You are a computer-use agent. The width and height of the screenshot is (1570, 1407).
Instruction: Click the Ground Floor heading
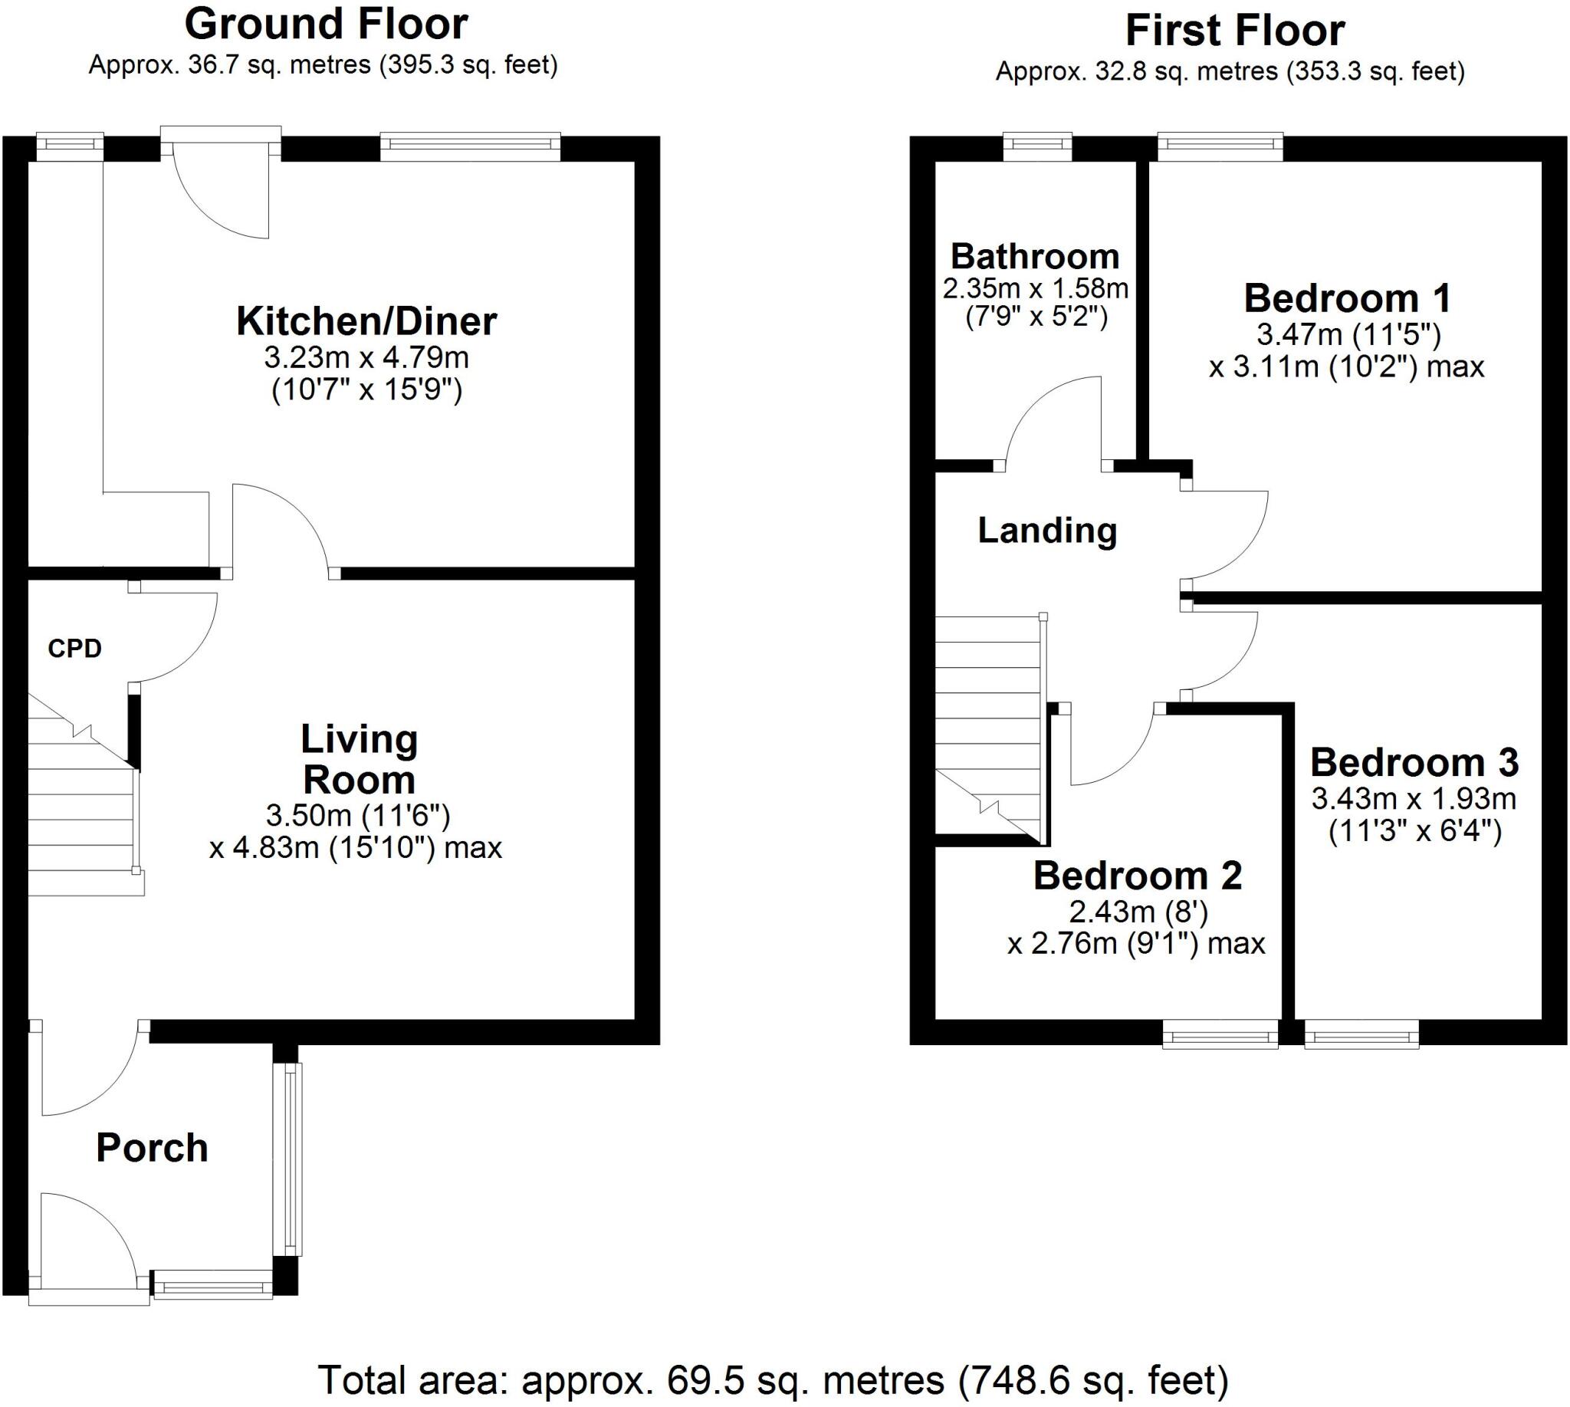point(326,25)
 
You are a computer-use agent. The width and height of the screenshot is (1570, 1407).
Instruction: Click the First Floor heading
point(1234,31)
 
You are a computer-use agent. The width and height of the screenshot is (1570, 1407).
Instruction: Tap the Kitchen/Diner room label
point(366,321)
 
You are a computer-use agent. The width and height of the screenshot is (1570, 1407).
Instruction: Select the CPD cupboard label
point(74,649)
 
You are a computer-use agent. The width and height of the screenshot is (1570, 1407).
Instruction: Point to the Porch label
point(153,1148)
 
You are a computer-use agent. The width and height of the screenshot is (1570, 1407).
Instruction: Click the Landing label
point(1046,531)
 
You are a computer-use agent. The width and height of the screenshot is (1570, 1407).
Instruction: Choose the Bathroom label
point(1034,257)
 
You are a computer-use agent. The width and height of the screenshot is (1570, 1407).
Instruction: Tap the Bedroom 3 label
point(1414,763)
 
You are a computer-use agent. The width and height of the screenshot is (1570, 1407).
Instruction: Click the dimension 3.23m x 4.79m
point(366,358)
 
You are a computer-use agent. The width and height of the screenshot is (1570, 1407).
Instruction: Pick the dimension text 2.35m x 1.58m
point(1035,289)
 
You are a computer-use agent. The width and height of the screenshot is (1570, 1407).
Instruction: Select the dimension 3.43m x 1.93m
point(1413,799)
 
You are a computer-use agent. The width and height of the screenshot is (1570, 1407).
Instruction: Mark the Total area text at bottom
point(773,1380)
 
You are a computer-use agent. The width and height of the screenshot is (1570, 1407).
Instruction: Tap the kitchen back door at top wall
point(221,186)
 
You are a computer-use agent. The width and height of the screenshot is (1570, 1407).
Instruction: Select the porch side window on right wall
point(291,1159)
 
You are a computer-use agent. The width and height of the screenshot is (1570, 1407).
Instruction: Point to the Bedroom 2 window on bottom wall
point(1220,1034)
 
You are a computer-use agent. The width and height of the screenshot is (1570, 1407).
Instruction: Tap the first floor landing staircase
point(989,727)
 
